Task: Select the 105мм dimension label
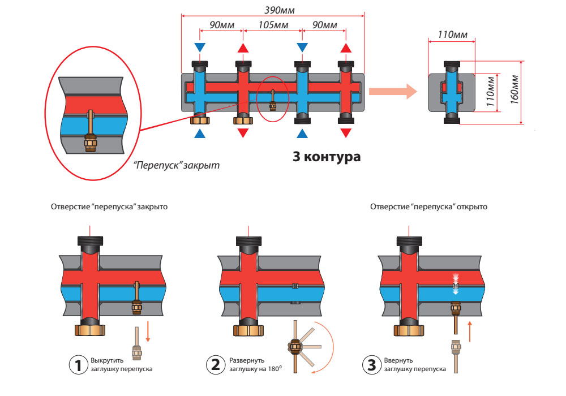pos(271,25)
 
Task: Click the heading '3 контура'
pos(326,157)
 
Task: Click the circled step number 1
pos(77,364)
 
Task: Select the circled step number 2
pos(215,364)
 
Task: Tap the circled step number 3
pos(371,364)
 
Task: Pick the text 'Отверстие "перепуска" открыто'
pos(428,207)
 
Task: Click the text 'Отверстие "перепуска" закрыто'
pos(109,207)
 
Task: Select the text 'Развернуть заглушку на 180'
pos(255,364)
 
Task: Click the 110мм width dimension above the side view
pos(452,35)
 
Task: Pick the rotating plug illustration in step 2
pos(295,346)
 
